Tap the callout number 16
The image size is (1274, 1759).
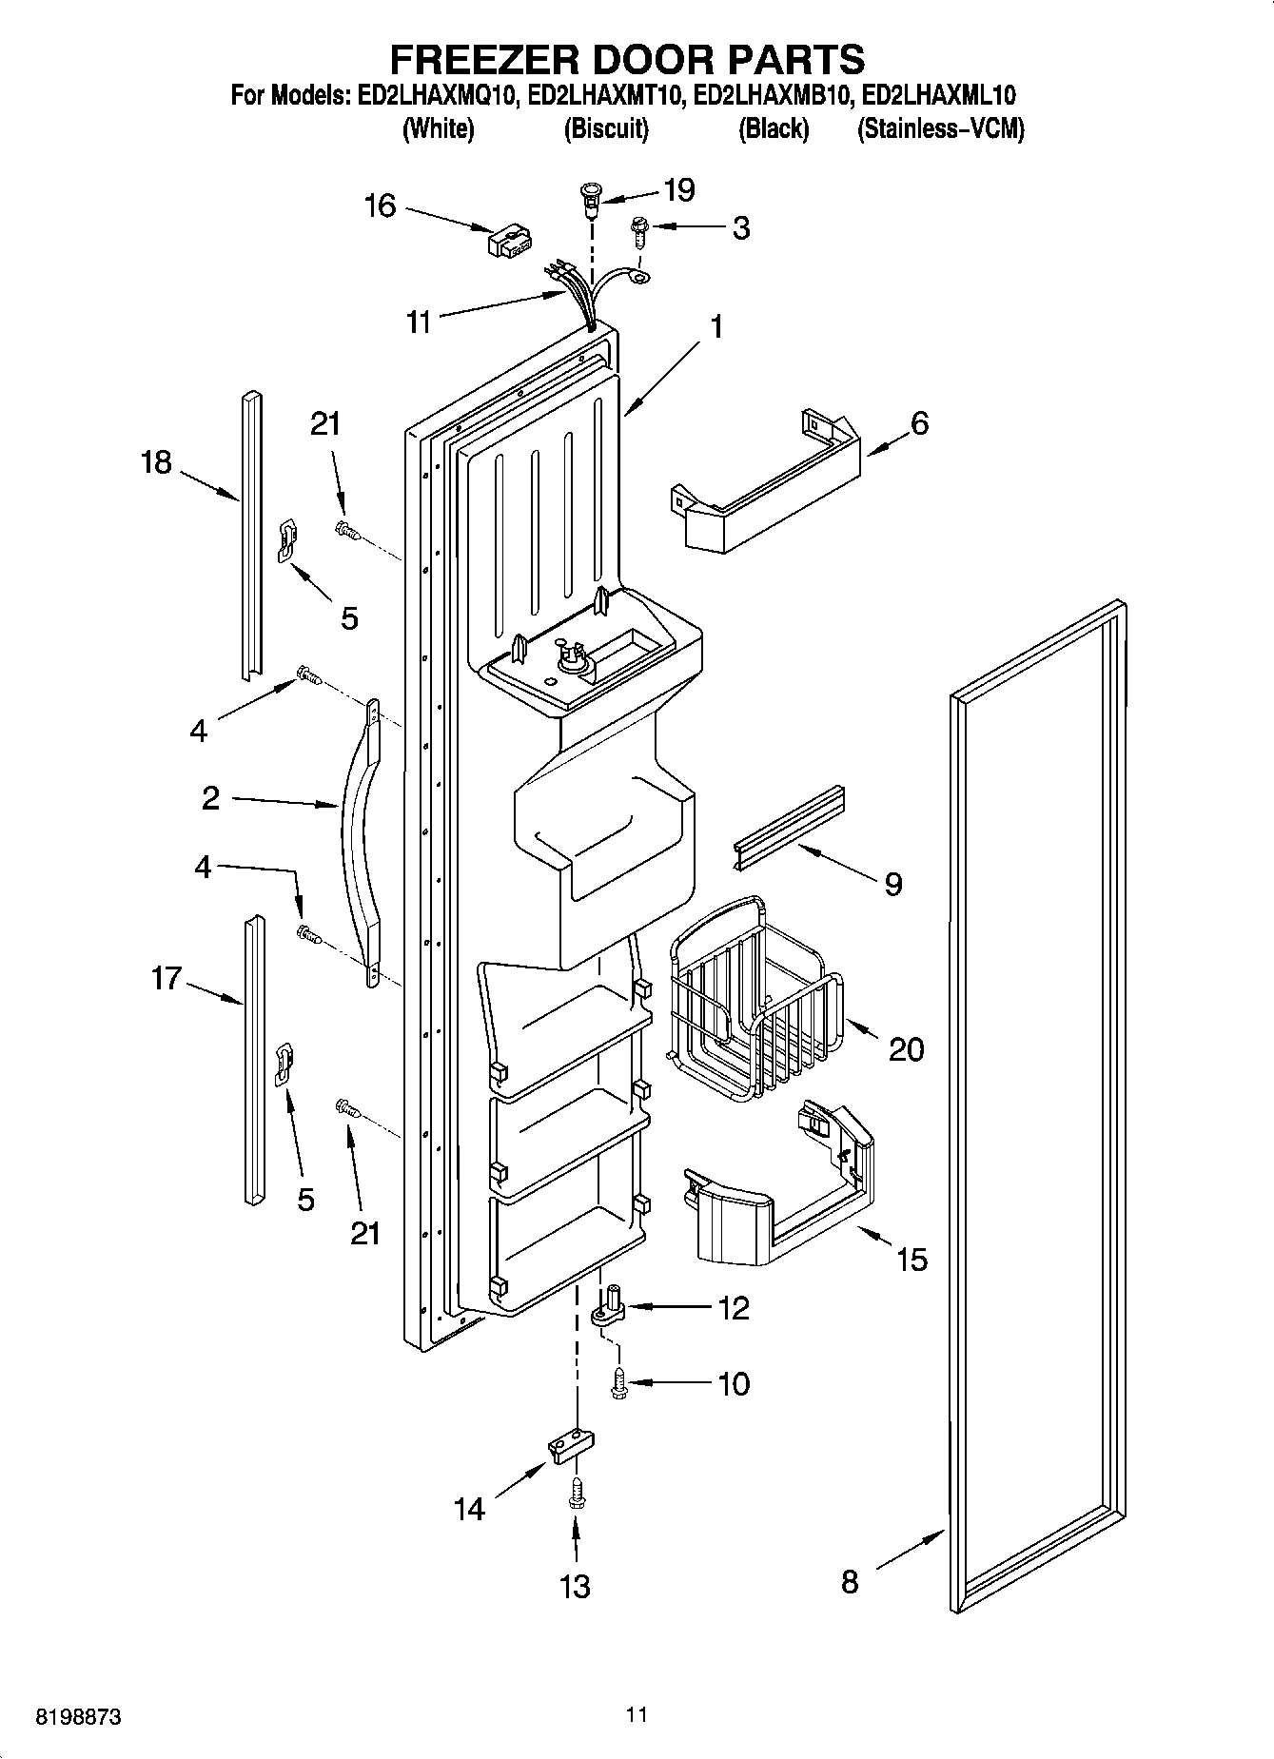click(380, 205)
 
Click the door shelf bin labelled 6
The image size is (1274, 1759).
click(771, 490)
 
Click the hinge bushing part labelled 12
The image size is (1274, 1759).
click(609, 1307)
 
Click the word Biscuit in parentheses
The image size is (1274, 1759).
click(606, 129)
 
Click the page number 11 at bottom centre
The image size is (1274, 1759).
click(637, 1715)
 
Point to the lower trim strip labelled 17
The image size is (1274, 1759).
click(253, 1061)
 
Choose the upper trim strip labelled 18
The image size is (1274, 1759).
click(249, 533)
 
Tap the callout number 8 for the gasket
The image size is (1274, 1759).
click(850, 1582)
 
